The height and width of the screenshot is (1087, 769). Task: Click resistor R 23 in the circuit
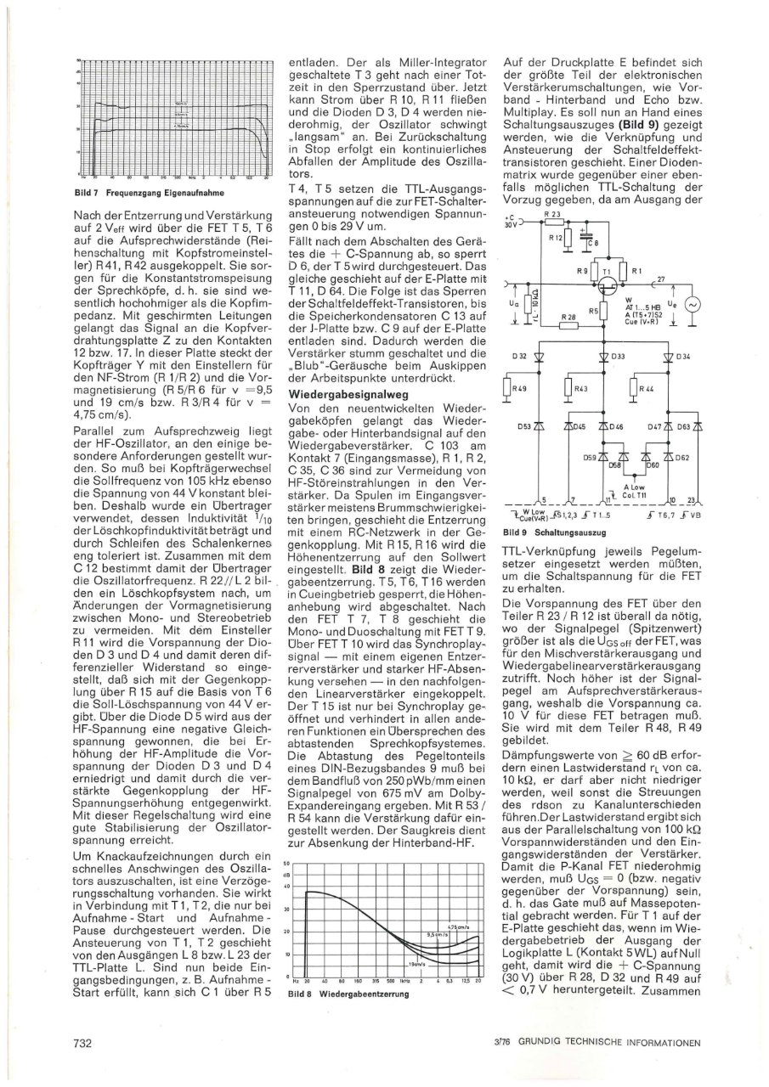pyautogui.click(x=560, y=240)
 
